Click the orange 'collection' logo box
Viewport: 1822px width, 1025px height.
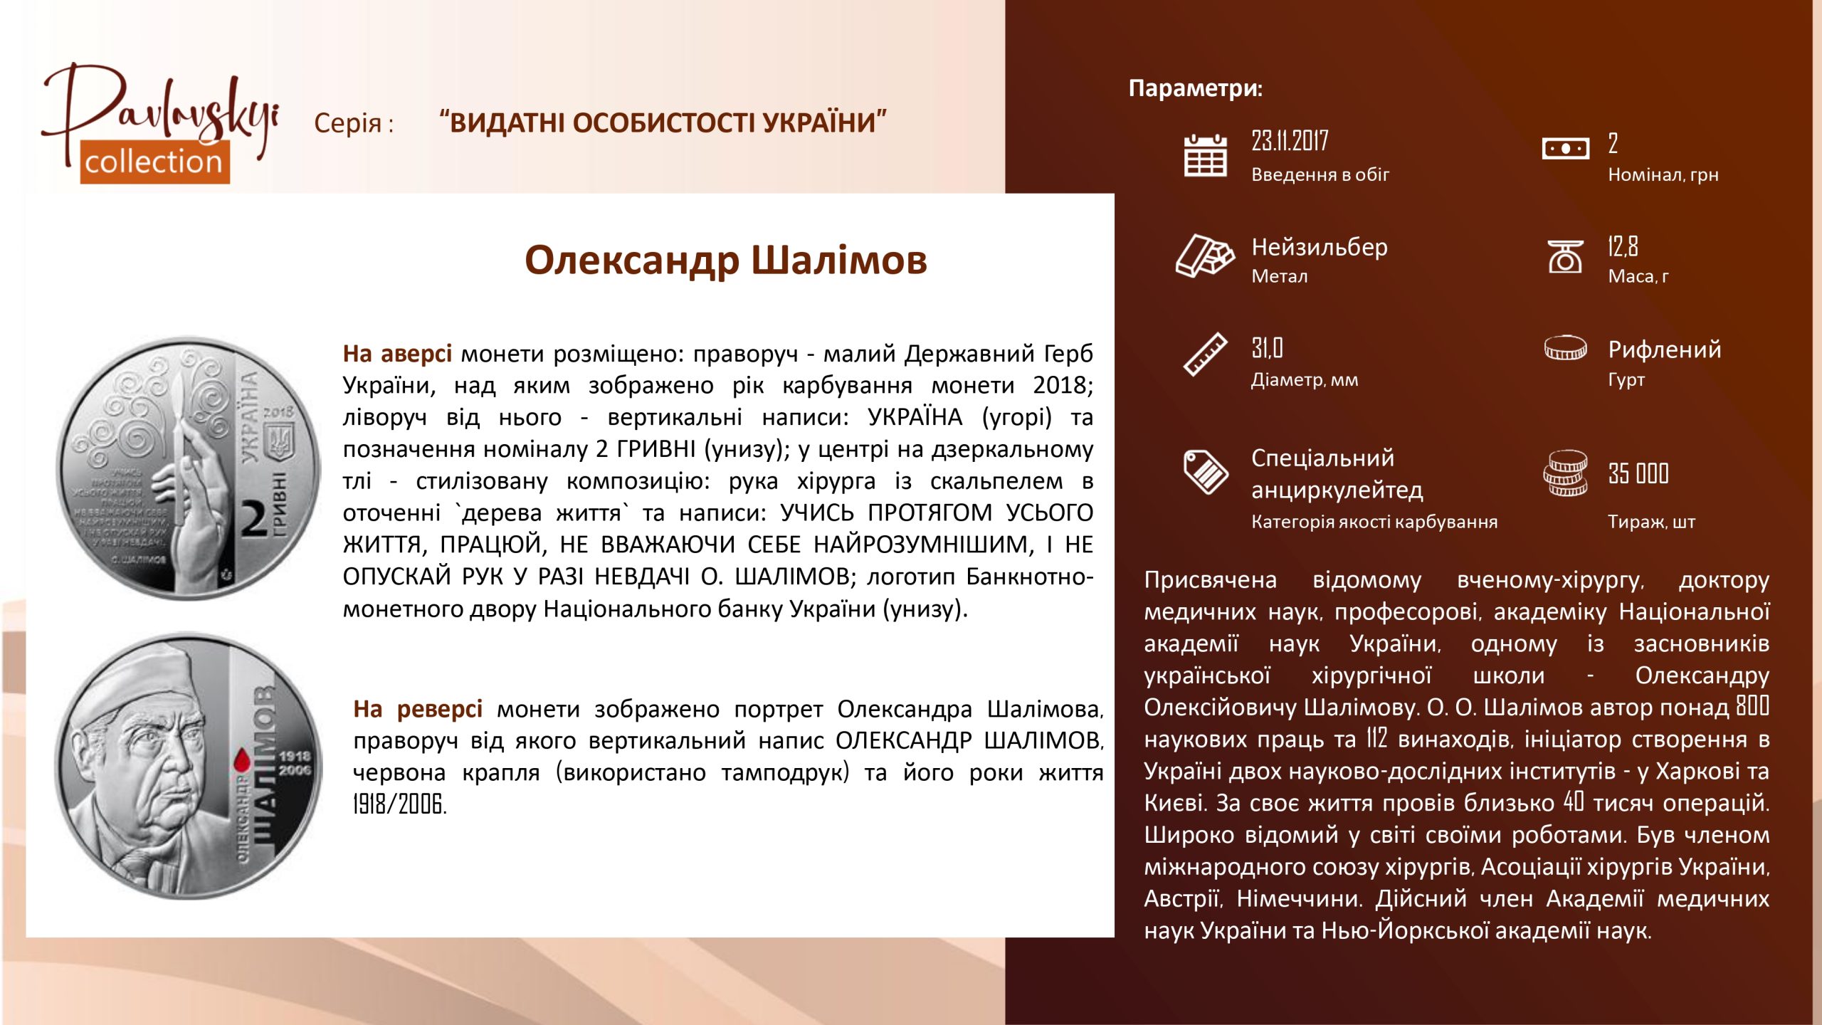[x=154, y=162]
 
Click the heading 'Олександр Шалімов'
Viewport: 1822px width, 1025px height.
[x=726, y=260]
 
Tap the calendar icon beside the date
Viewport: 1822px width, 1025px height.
[x=1205, y=155]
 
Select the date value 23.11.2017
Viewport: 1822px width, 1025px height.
[x=1290, y=141]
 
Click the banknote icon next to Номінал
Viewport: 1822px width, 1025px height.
[x=1565, y=149]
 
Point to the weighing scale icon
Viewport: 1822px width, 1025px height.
[x=1565, y=256]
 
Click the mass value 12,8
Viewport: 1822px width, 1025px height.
[x=1623, y=246]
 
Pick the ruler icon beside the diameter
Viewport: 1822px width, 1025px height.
[x=1206, y=354]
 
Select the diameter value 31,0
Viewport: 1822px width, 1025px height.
[x=1267, y=348]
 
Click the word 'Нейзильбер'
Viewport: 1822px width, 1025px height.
[x=1320, y=247]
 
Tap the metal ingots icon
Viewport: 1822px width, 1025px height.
[x=1205, y=255]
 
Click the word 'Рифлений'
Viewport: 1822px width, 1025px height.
[x=1665, y=349]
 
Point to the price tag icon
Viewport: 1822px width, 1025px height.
[x=1206, y=471]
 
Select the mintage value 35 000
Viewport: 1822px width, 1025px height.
[x=1638, y=473]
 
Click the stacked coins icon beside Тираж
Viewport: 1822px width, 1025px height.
[x=1565, y=473]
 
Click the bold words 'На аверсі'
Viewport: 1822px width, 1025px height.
[x=397, y=353]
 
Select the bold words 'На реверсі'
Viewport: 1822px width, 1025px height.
[x=418, y=709]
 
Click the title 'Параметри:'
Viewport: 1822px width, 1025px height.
[x=1195, y=88]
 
